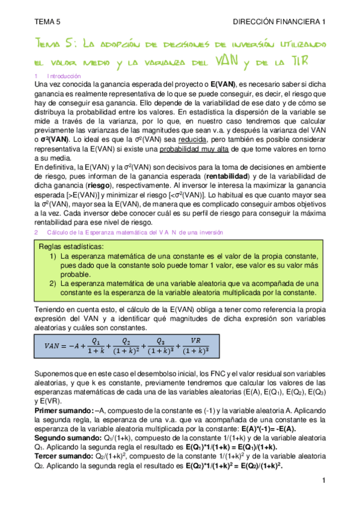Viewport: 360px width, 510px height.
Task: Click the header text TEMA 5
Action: (x=47, y=22)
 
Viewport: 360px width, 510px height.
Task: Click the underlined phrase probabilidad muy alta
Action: (x=200, y=149)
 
